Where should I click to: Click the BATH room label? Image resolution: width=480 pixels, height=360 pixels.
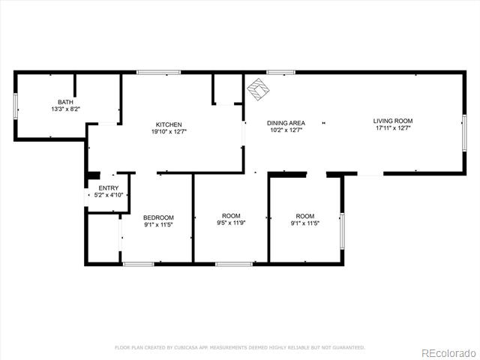tap(65, 102)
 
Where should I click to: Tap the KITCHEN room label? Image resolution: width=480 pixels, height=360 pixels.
tap(169, 124)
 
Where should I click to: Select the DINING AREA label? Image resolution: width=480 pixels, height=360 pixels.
tap(286, 123)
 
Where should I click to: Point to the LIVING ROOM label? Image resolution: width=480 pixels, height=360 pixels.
tap(393, 121)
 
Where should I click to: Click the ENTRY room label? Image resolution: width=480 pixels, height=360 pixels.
tap(108, 188)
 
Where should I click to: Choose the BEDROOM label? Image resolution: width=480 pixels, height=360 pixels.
tap(158, 217)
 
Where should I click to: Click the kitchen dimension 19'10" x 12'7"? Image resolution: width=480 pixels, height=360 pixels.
tap(169, 132)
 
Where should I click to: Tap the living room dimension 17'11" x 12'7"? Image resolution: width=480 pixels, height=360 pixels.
tap(393, 128)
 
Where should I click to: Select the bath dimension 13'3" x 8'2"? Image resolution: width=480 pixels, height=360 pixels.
tap(65, 109)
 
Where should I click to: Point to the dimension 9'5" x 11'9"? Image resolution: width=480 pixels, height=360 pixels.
tap(231, 223)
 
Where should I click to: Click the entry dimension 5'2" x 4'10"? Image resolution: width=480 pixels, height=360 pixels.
tap(108, 195)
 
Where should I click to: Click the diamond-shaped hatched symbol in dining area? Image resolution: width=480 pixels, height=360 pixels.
tap(259, 89)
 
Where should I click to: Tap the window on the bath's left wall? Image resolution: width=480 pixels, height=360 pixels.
tap(15, 106)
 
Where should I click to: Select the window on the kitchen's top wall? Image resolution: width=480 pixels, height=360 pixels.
tap(158, 73)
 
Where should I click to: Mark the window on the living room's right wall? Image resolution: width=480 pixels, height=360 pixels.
tap(464, 133)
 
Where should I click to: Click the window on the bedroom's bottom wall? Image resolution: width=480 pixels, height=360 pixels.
tap(138, 264)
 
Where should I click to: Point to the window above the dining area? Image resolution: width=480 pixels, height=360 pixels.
tap(280, 73)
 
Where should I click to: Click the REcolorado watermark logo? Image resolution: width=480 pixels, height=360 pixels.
tap(448, 353)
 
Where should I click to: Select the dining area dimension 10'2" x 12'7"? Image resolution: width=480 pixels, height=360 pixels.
tap(286, 130)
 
